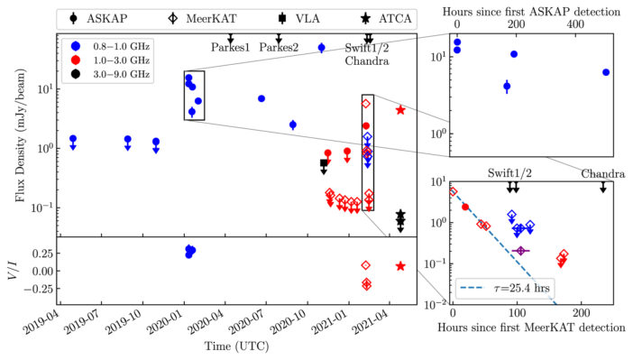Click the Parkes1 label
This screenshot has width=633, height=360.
coord(231,48)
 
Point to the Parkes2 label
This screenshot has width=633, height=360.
coord(278,48)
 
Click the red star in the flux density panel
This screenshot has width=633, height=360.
coord(400,109)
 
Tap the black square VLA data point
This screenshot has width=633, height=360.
coord(325,163)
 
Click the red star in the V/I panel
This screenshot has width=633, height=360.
coord(400,266)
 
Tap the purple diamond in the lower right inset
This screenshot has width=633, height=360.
coord(519,250)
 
